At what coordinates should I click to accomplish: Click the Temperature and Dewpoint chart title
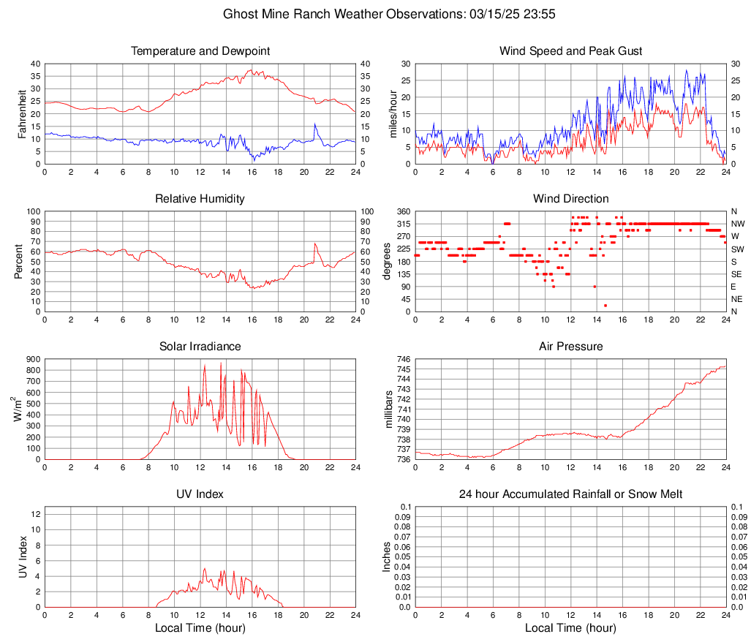click(x=200, y=51)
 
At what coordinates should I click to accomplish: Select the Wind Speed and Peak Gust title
click(x=570, y=51)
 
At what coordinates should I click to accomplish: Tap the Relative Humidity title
click(x=200, y=199)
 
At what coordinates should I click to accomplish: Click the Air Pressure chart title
click(x=570, y=347)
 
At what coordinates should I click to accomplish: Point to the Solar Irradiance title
click(x=200, y=347)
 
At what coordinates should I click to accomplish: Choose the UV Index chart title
click(x=200, y=494)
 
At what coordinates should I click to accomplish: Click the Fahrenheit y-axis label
click(x=23, y=114)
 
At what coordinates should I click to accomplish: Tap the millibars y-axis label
click(x=389, y=409)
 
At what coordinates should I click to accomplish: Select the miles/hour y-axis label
click(x=393, y=114)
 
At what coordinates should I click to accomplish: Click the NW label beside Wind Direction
click(x=737, y=224)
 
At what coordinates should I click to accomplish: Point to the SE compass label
click(x=736, y=274)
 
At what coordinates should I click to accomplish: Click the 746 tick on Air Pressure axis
click(x=403, y=360)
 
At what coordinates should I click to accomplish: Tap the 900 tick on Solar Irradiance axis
click(x=31, y=360)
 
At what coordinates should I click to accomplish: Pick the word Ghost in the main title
click(x=241, y=14)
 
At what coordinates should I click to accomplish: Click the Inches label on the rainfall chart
click(x=388, y=556)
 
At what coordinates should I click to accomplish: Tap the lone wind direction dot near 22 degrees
click(x=605, y=305)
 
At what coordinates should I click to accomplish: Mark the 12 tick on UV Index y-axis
click(x=36, y=514)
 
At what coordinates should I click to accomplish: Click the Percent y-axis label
click(x=18, y=262)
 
